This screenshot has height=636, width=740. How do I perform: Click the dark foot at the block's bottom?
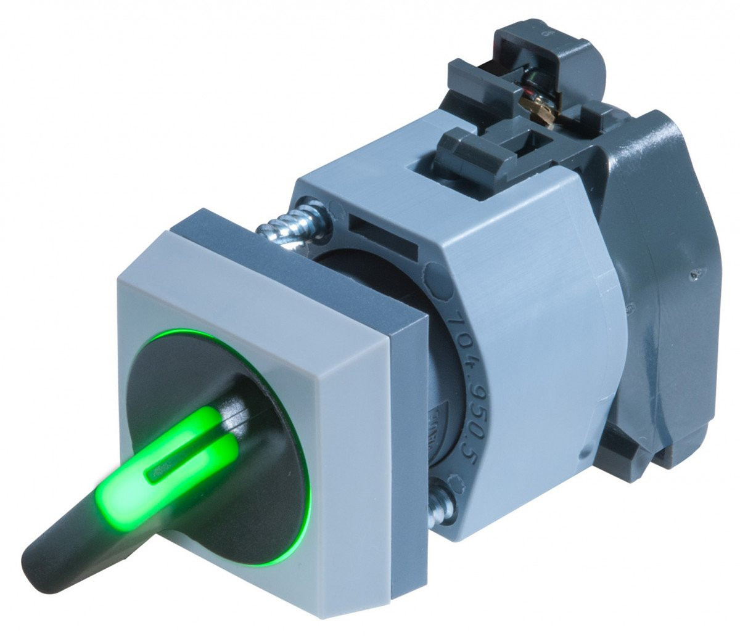coord(629,450)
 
